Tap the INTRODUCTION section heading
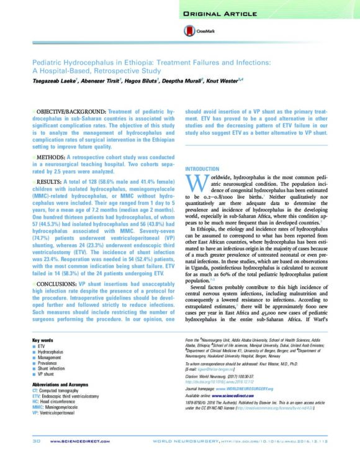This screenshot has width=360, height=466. coord(202,169)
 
